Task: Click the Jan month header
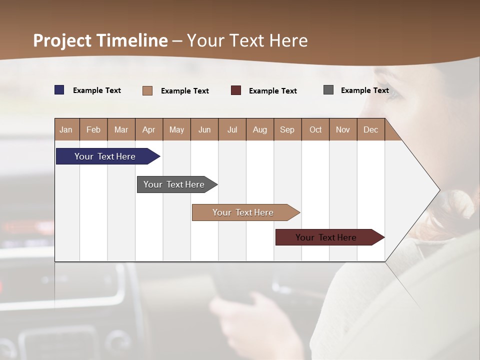click(x=66, y=129)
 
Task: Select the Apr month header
click(x=149, y=129)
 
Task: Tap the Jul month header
click(x=232, y=129)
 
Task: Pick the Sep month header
click(x=287, y=129)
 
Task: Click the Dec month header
click(x=370, y=129)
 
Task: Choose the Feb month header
click(x=93, y=129)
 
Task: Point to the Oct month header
click(x=315, y=129)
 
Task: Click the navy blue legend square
click(x=59, y=90)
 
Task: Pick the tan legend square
click(x=147, y=90)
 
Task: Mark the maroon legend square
click(x=236, y=90)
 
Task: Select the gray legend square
click(x=328, y=90)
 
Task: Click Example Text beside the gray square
click(x=364, y=90)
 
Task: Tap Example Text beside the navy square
click(x=97, y=90)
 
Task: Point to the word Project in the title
click(x=62, y=40)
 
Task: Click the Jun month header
click(x=204, y=129)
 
